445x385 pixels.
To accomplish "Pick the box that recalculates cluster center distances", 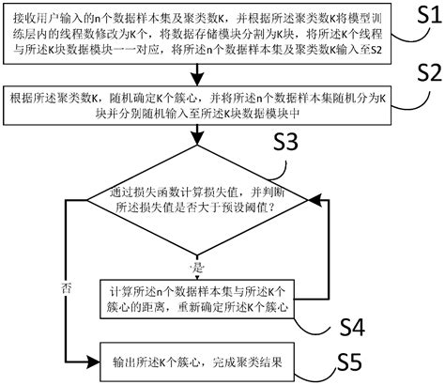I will [203, 298].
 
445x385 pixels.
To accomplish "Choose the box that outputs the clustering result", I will [203, 359].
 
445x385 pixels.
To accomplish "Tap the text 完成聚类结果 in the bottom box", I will [239, 359].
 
